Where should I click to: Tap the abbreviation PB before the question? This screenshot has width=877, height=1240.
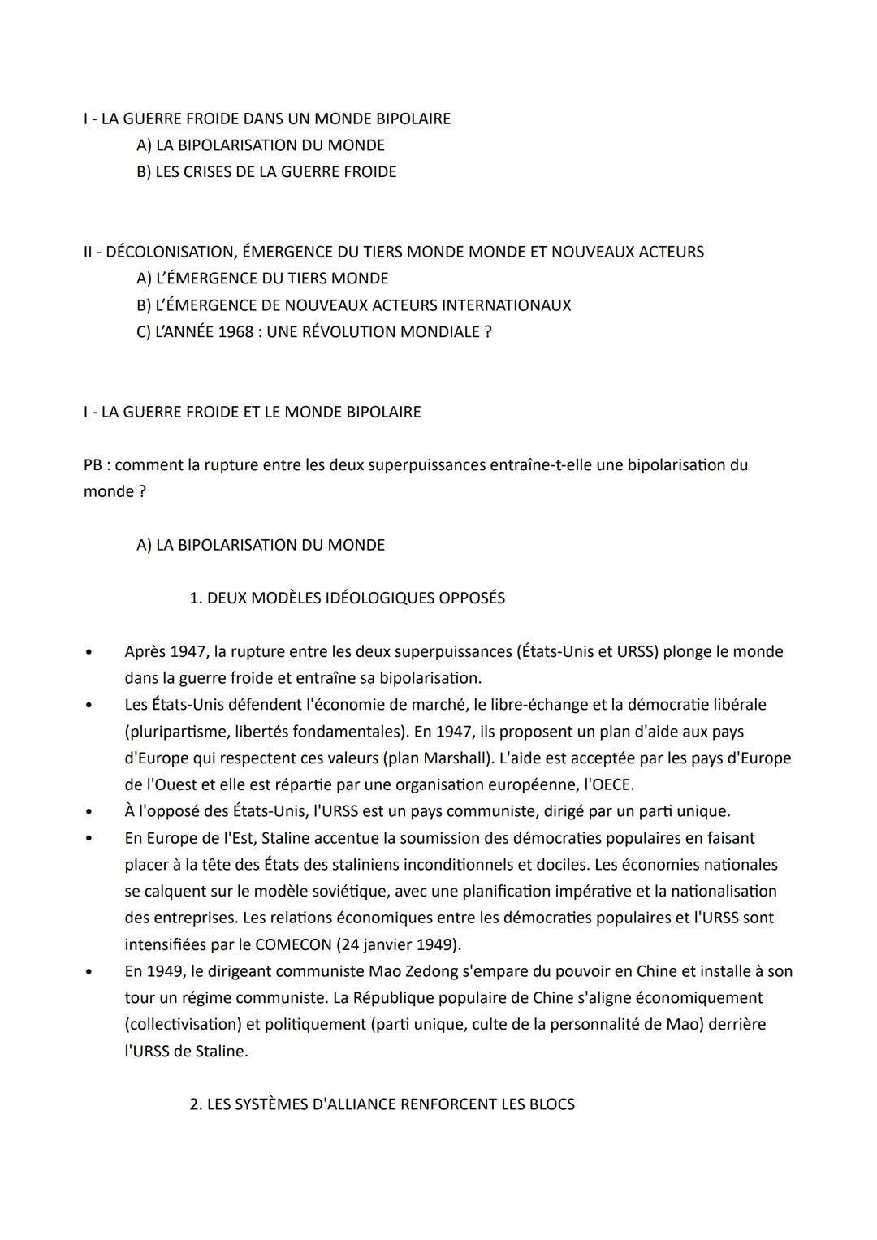(95, 465)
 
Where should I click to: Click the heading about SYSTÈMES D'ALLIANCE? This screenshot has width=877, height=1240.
(382, 1104)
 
